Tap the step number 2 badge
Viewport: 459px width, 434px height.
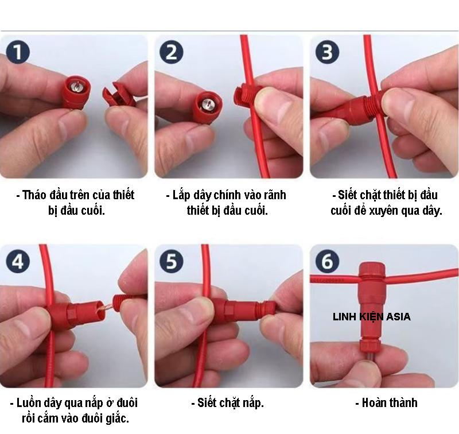pos(172,53)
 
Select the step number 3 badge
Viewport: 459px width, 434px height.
pos(327,53)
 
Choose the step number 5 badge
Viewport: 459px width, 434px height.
pos(172,262)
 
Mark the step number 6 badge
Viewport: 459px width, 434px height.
pos(327,262)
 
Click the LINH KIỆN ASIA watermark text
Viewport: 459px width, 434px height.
pos(371,316)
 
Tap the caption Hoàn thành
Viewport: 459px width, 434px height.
pos(386,402)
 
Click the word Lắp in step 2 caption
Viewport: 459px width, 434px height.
pos(184,195)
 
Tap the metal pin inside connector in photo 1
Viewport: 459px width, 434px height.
pos(76,85)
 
